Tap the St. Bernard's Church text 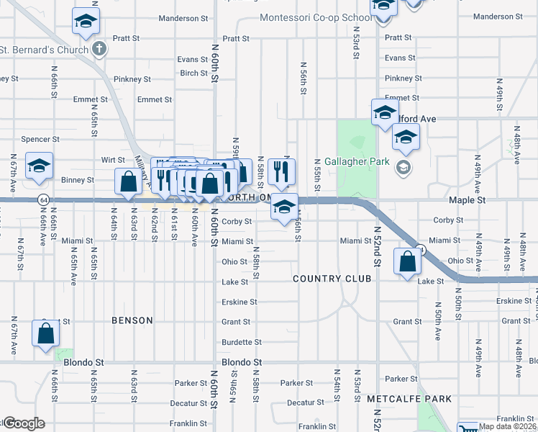click(44, 50)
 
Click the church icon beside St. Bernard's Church click(100, 50)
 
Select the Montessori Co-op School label click(316, 17)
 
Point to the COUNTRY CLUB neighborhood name click(332, 278)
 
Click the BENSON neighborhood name click(132, 320)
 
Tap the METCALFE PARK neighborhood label click(409, 398)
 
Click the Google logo click(23, 423)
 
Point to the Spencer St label click(40, 139)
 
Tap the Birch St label click(194, 73)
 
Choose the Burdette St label click(236, 342)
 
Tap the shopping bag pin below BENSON click(45, 334)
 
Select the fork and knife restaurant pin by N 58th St click(278, 171)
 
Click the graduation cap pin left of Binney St click(38, 166)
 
